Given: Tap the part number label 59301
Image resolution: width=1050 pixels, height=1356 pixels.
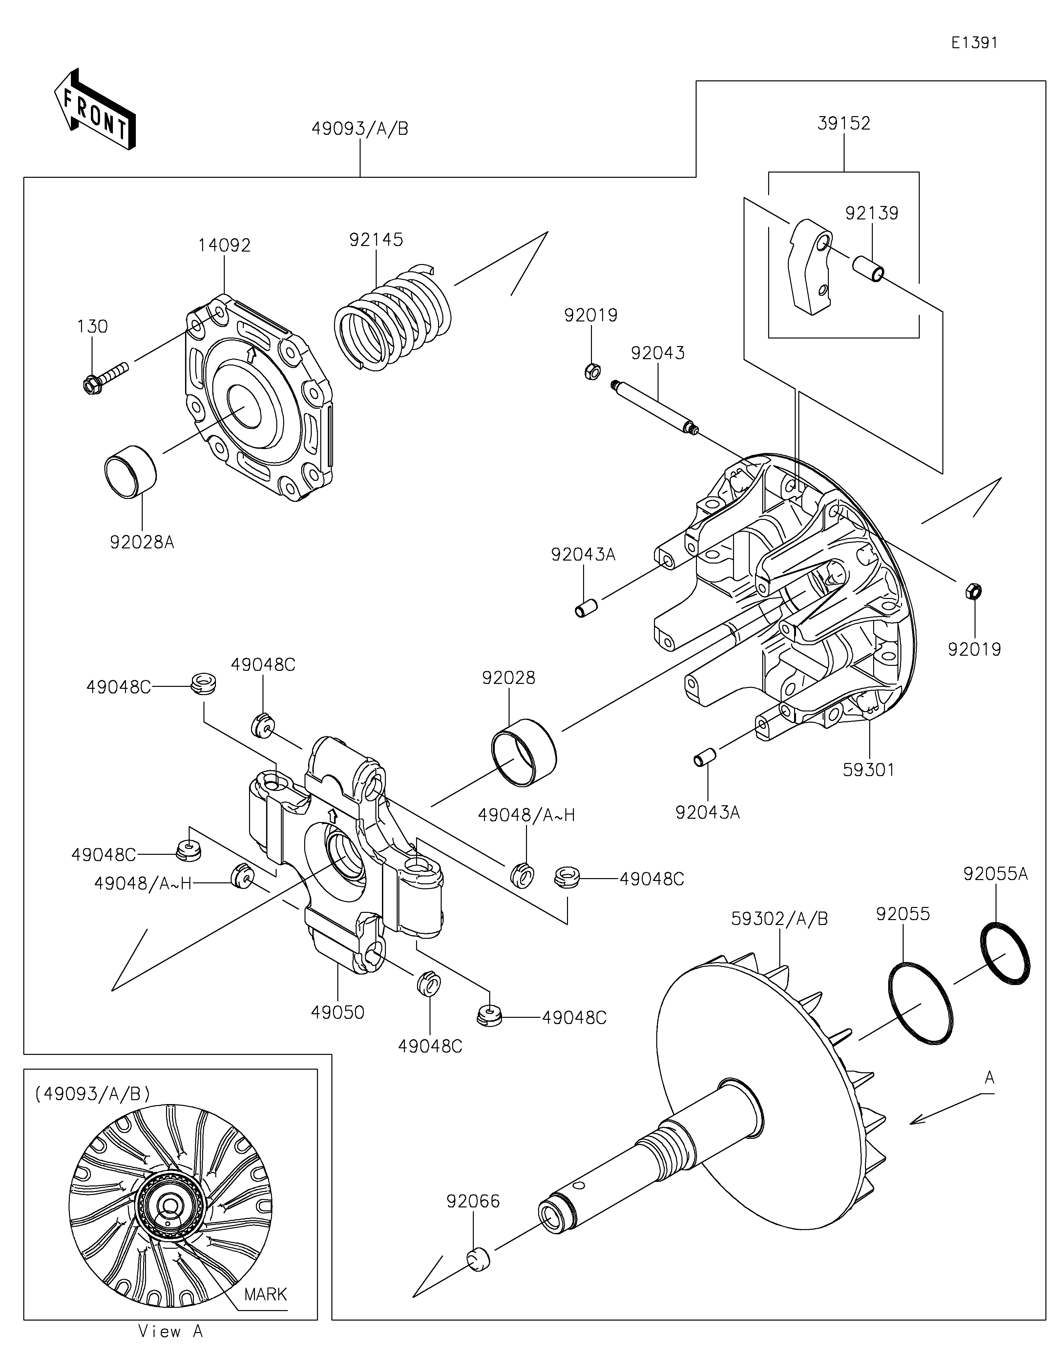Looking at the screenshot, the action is (x=868, y=770).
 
